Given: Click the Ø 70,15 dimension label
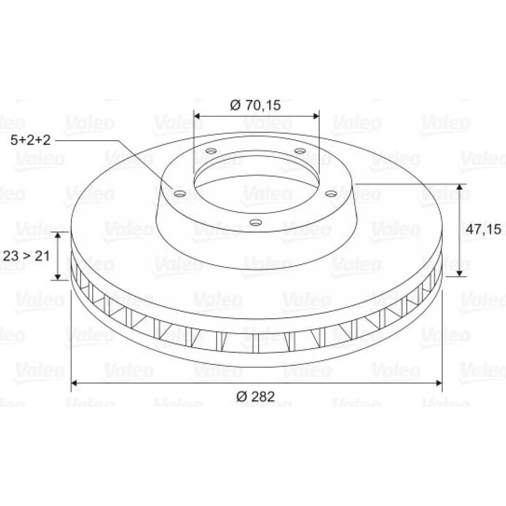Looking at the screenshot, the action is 255,105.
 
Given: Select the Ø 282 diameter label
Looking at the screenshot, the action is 255,396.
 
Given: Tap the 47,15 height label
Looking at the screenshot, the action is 483,229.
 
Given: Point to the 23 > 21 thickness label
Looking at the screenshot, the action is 26,256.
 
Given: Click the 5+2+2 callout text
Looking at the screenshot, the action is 31,140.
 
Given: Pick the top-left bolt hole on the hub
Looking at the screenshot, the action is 211,151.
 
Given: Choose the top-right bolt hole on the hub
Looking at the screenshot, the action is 300,151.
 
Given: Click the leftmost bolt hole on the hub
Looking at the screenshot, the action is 180,194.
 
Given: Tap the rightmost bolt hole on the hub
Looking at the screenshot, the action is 331,194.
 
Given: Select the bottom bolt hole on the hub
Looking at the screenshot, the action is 256,222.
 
